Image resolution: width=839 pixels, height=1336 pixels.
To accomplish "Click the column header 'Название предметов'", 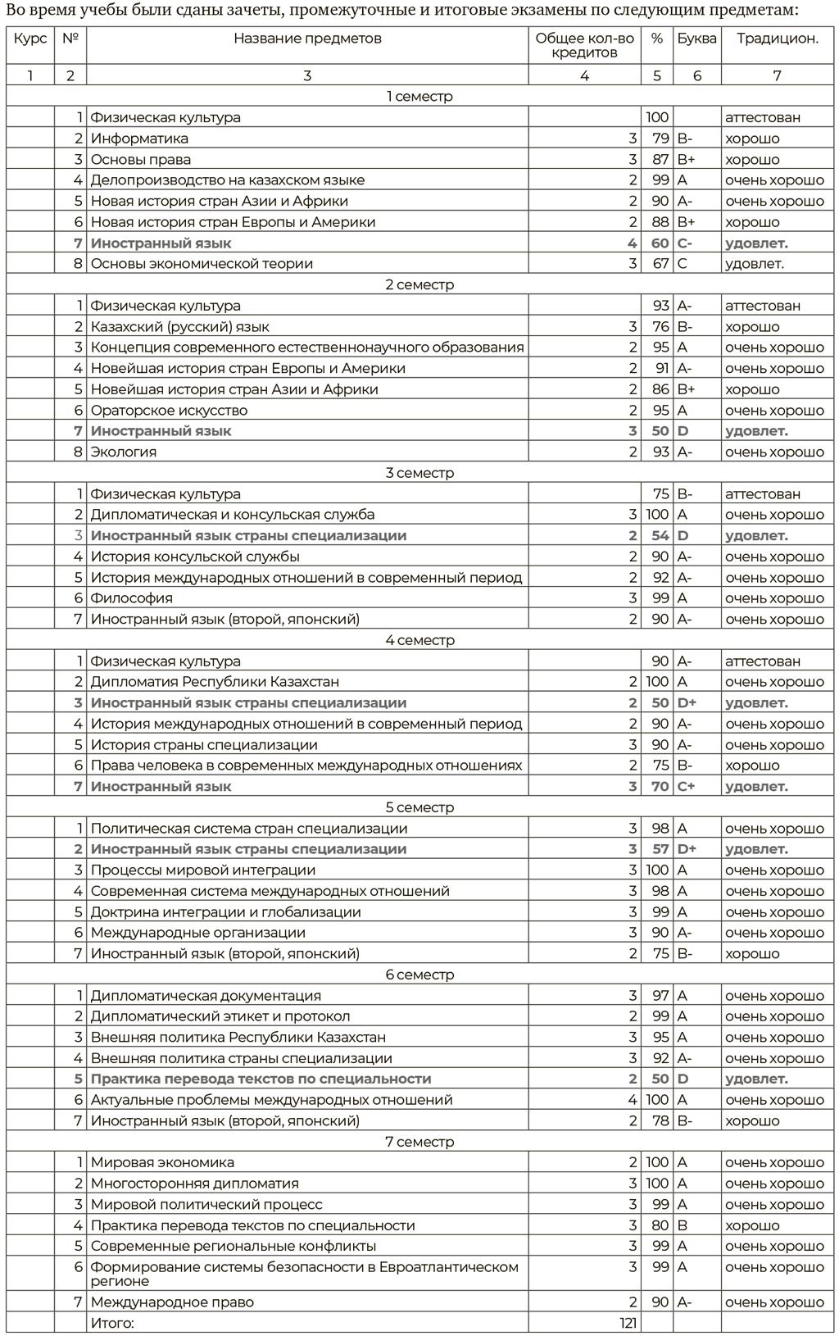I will click(x=307, y=39).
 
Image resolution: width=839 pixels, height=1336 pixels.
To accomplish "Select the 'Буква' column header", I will click(x=696, y=39).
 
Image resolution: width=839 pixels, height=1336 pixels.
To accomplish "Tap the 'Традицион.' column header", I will click(x=777, y=39).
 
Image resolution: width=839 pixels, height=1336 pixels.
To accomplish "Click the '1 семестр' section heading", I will click(x=419, y=97).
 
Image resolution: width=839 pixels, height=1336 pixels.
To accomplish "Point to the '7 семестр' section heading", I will click(x=419, y=1142).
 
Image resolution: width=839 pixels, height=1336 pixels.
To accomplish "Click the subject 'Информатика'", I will click(x=139, y=139).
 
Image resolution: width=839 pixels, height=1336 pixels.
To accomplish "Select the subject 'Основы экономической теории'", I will click(x=202, y=264).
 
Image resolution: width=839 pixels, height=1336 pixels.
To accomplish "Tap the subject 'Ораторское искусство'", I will click(x=169, y=411).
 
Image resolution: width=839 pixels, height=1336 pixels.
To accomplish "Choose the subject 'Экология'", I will click(x=124, y=452).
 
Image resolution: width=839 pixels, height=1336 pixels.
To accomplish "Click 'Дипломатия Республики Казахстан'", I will click(x=215, y=682).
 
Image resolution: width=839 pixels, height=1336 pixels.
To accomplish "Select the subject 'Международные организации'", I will click(x=198, y=933).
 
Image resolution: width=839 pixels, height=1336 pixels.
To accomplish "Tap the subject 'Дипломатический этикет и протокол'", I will click(x=220, y=1016).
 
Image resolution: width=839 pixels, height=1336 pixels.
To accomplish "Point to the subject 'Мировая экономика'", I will click(x=162, y=1162).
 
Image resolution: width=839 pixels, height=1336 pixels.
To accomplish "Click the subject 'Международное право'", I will click(x=172, y=1302).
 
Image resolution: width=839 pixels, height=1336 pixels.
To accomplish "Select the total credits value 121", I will click(x=628, y=1323).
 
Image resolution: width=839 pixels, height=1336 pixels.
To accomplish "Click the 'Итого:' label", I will click(x=112, y=1323).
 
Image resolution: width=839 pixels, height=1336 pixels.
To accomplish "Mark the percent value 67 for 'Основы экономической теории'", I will click(x=660, y=264).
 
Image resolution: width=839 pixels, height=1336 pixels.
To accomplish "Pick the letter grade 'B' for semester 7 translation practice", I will click(x=682, y=1225).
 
